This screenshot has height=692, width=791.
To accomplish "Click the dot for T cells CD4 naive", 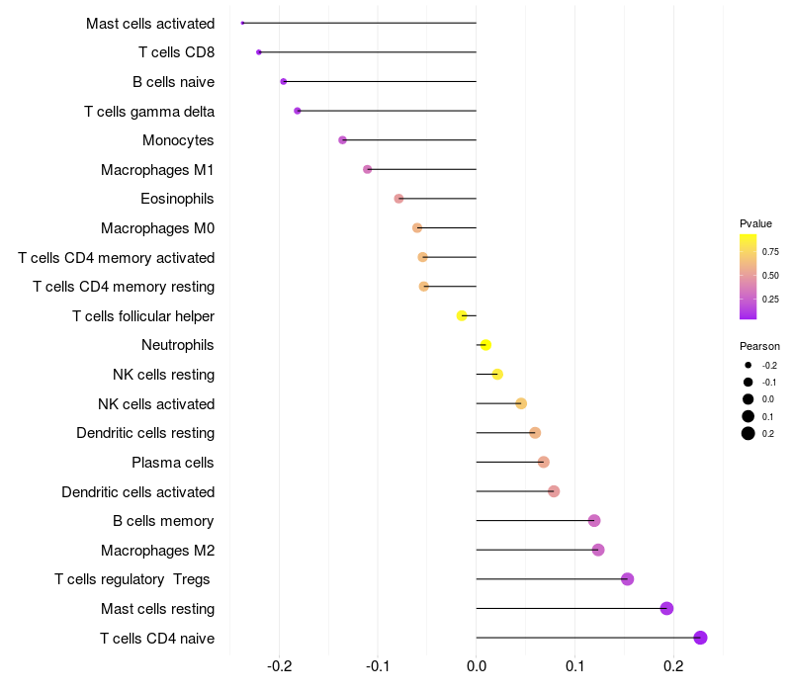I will (700, 638).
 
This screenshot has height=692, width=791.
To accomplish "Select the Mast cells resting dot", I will (666, 608).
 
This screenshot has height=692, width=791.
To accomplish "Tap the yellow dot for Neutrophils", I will (485, 345).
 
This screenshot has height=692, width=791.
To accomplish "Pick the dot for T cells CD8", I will (259, 51).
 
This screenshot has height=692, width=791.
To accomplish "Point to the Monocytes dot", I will (343, 140).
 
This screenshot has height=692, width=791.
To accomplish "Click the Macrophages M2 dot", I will (598, 550).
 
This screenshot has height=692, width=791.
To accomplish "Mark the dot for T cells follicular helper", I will (462, 315).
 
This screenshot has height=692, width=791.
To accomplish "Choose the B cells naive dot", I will (284, 81).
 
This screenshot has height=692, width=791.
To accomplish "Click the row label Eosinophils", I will (177, 199).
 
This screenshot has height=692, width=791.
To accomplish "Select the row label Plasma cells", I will (173, 462).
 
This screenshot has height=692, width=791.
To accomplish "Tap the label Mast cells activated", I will (150, 23).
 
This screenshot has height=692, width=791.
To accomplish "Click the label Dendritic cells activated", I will (137, 491).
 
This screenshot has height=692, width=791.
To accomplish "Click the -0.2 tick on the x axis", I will (280, 667).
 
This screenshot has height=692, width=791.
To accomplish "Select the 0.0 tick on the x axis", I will (477, 667).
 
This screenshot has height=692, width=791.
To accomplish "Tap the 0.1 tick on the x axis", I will (574, 667).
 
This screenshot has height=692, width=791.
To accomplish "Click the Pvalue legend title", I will (755, 223).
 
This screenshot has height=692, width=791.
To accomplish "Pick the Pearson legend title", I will (759, 346).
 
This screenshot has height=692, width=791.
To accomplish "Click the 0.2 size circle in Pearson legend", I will (748, 433).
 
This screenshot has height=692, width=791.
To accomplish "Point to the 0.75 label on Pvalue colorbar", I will (770, 251).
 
